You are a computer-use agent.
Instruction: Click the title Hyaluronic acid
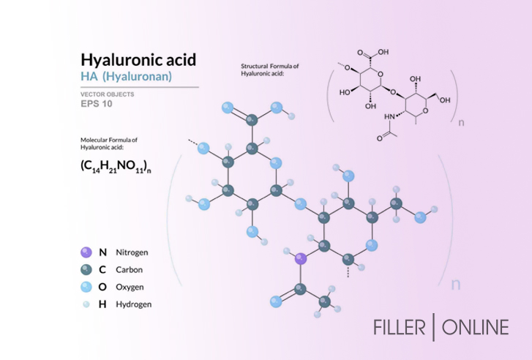click(x=138, y=59)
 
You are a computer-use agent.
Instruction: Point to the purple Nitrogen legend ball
click(x=86, y=252)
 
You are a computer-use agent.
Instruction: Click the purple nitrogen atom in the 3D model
click(x=299, y=258)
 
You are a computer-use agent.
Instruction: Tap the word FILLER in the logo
click(x=400, y=326)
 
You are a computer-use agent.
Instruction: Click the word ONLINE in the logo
click(x=474, y=326)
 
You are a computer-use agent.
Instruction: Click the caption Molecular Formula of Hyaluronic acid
click(x=110, y=143)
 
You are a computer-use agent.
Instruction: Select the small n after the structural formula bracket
click(x=461, y=123)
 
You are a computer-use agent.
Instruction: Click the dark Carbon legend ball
click(x=86, y=269)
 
